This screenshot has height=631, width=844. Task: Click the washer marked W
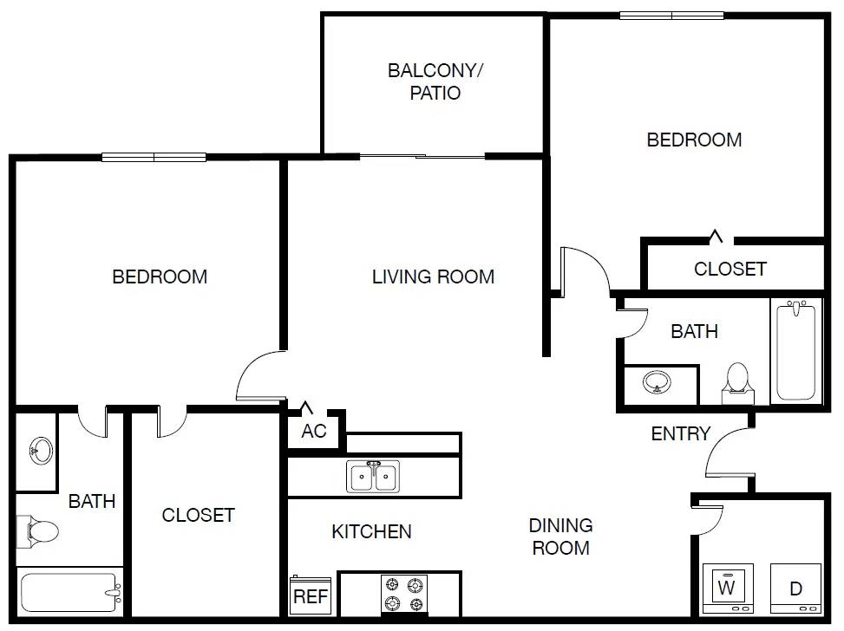pyautogui.click(x=727, y=589)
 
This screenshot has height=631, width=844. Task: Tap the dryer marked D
pyautogui.click(x=795, y=589)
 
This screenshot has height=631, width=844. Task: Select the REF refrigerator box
pyautogui.click(x=311, y=595)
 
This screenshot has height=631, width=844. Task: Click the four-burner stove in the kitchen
pyautogui.click(x=405, y=594)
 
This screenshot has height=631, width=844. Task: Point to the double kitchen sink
pyautogui.click(x=374, y=477)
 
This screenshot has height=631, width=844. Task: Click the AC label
pyautogui.click(x=314, y=431)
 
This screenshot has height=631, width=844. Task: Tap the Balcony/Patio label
pyautogui.click(x=435, y=81)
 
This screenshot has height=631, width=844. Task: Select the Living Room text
pyautogui.click(x=433, y=276)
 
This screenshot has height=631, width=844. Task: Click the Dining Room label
pyautogui.click(x=561, y=537)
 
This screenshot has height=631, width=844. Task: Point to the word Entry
pyautogui.click(x=681, y=433)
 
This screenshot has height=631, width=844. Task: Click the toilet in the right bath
pyautogui.click(x=737, y=381)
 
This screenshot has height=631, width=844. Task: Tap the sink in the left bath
pyautogui.click(x=39, y=450)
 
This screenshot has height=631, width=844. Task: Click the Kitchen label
pyautogui.click(x=371, y=531)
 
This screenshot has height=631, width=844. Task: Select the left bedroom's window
pyautogui.click(x=154, y=158)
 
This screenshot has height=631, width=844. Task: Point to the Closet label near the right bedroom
pyautogui.click(x=730, y=269)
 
